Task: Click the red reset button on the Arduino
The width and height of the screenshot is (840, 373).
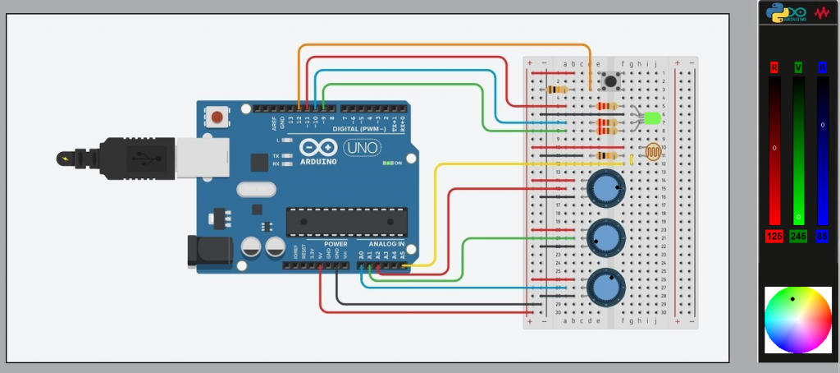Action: pos(217,117)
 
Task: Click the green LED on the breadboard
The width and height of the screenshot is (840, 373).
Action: pos(652,119)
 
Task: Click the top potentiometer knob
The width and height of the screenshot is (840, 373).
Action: pos(605,189)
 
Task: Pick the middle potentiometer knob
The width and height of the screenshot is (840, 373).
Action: pos(605,238)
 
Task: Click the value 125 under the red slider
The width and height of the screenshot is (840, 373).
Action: pos(774,237)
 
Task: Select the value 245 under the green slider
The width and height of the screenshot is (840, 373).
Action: pos(798,237)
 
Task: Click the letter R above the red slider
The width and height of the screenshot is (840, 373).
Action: pos(774,67)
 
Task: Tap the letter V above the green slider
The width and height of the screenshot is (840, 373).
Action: pos(798,67)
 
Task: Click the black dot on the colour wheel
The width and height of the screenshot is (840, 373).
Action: pos(792,299)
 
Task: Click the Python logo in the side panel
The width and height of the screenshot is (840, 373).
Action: pos(776,12)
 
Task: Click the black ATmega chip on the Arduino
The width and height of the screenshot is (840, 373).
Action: pos(346,223)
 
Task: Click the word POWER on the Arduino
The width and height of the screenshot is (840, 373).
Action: pos(336,244)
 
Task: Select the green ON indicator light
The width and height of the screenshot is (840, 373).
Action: pos(387,163)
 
